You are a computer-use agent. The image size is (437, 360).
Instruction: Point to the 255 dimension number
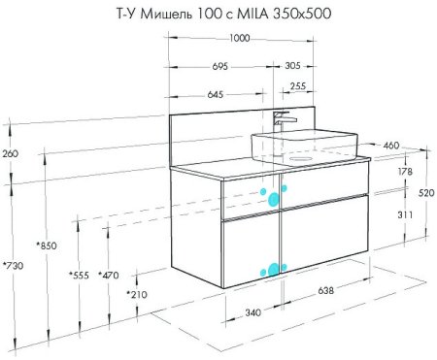(298, 86)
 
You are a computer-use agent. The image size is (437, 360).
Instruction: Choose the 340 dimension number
(252, 311)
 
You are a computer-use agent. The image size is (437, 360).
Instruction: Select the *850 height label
(45, 245)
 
